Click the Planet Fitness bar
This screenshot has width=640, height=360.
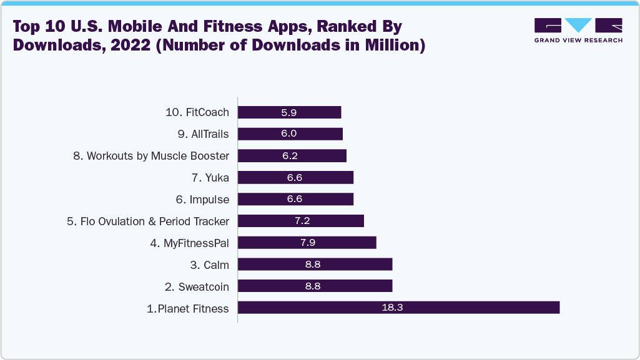(x=398, y=308)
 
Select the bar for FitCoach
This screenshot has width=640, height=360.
(x=290, y=112)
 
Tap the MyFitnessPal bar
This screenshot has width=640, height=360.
(x=307, y=243)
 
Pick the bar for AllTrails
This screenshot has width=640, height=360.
(x=290, y=134)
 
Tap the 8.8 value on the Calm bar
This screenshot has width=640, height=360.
(x=313, y=265)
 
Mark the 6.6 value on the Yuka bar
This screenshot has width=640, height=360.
(x=295, y=178)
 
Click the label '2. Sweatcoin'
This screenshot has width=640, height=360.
(x=197, y=286)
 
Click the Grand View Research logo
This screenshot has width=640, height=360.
(x=578, y=30)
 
